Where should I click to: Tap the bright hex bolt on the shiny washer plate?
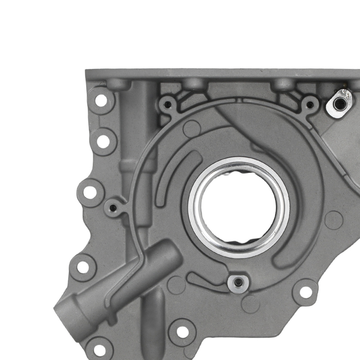tap(339, 104)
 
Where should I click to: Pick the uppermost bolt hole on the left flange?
tap(101, 100)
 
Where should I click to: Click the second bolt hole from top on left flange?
tap(103, 141)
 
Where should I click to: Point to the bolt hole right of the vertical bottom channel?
tap(183, 332)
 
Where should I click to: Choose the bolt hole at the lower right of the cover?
tap(306, 292)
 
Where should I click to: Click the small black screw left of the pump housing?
tap(113, 208)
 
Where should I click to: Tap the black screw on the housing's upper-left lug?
tap(167, 105)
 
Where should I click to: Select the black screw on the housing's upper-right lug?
tap(309, 105)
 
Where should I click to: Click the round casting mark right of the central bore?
tap(333, 220)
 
